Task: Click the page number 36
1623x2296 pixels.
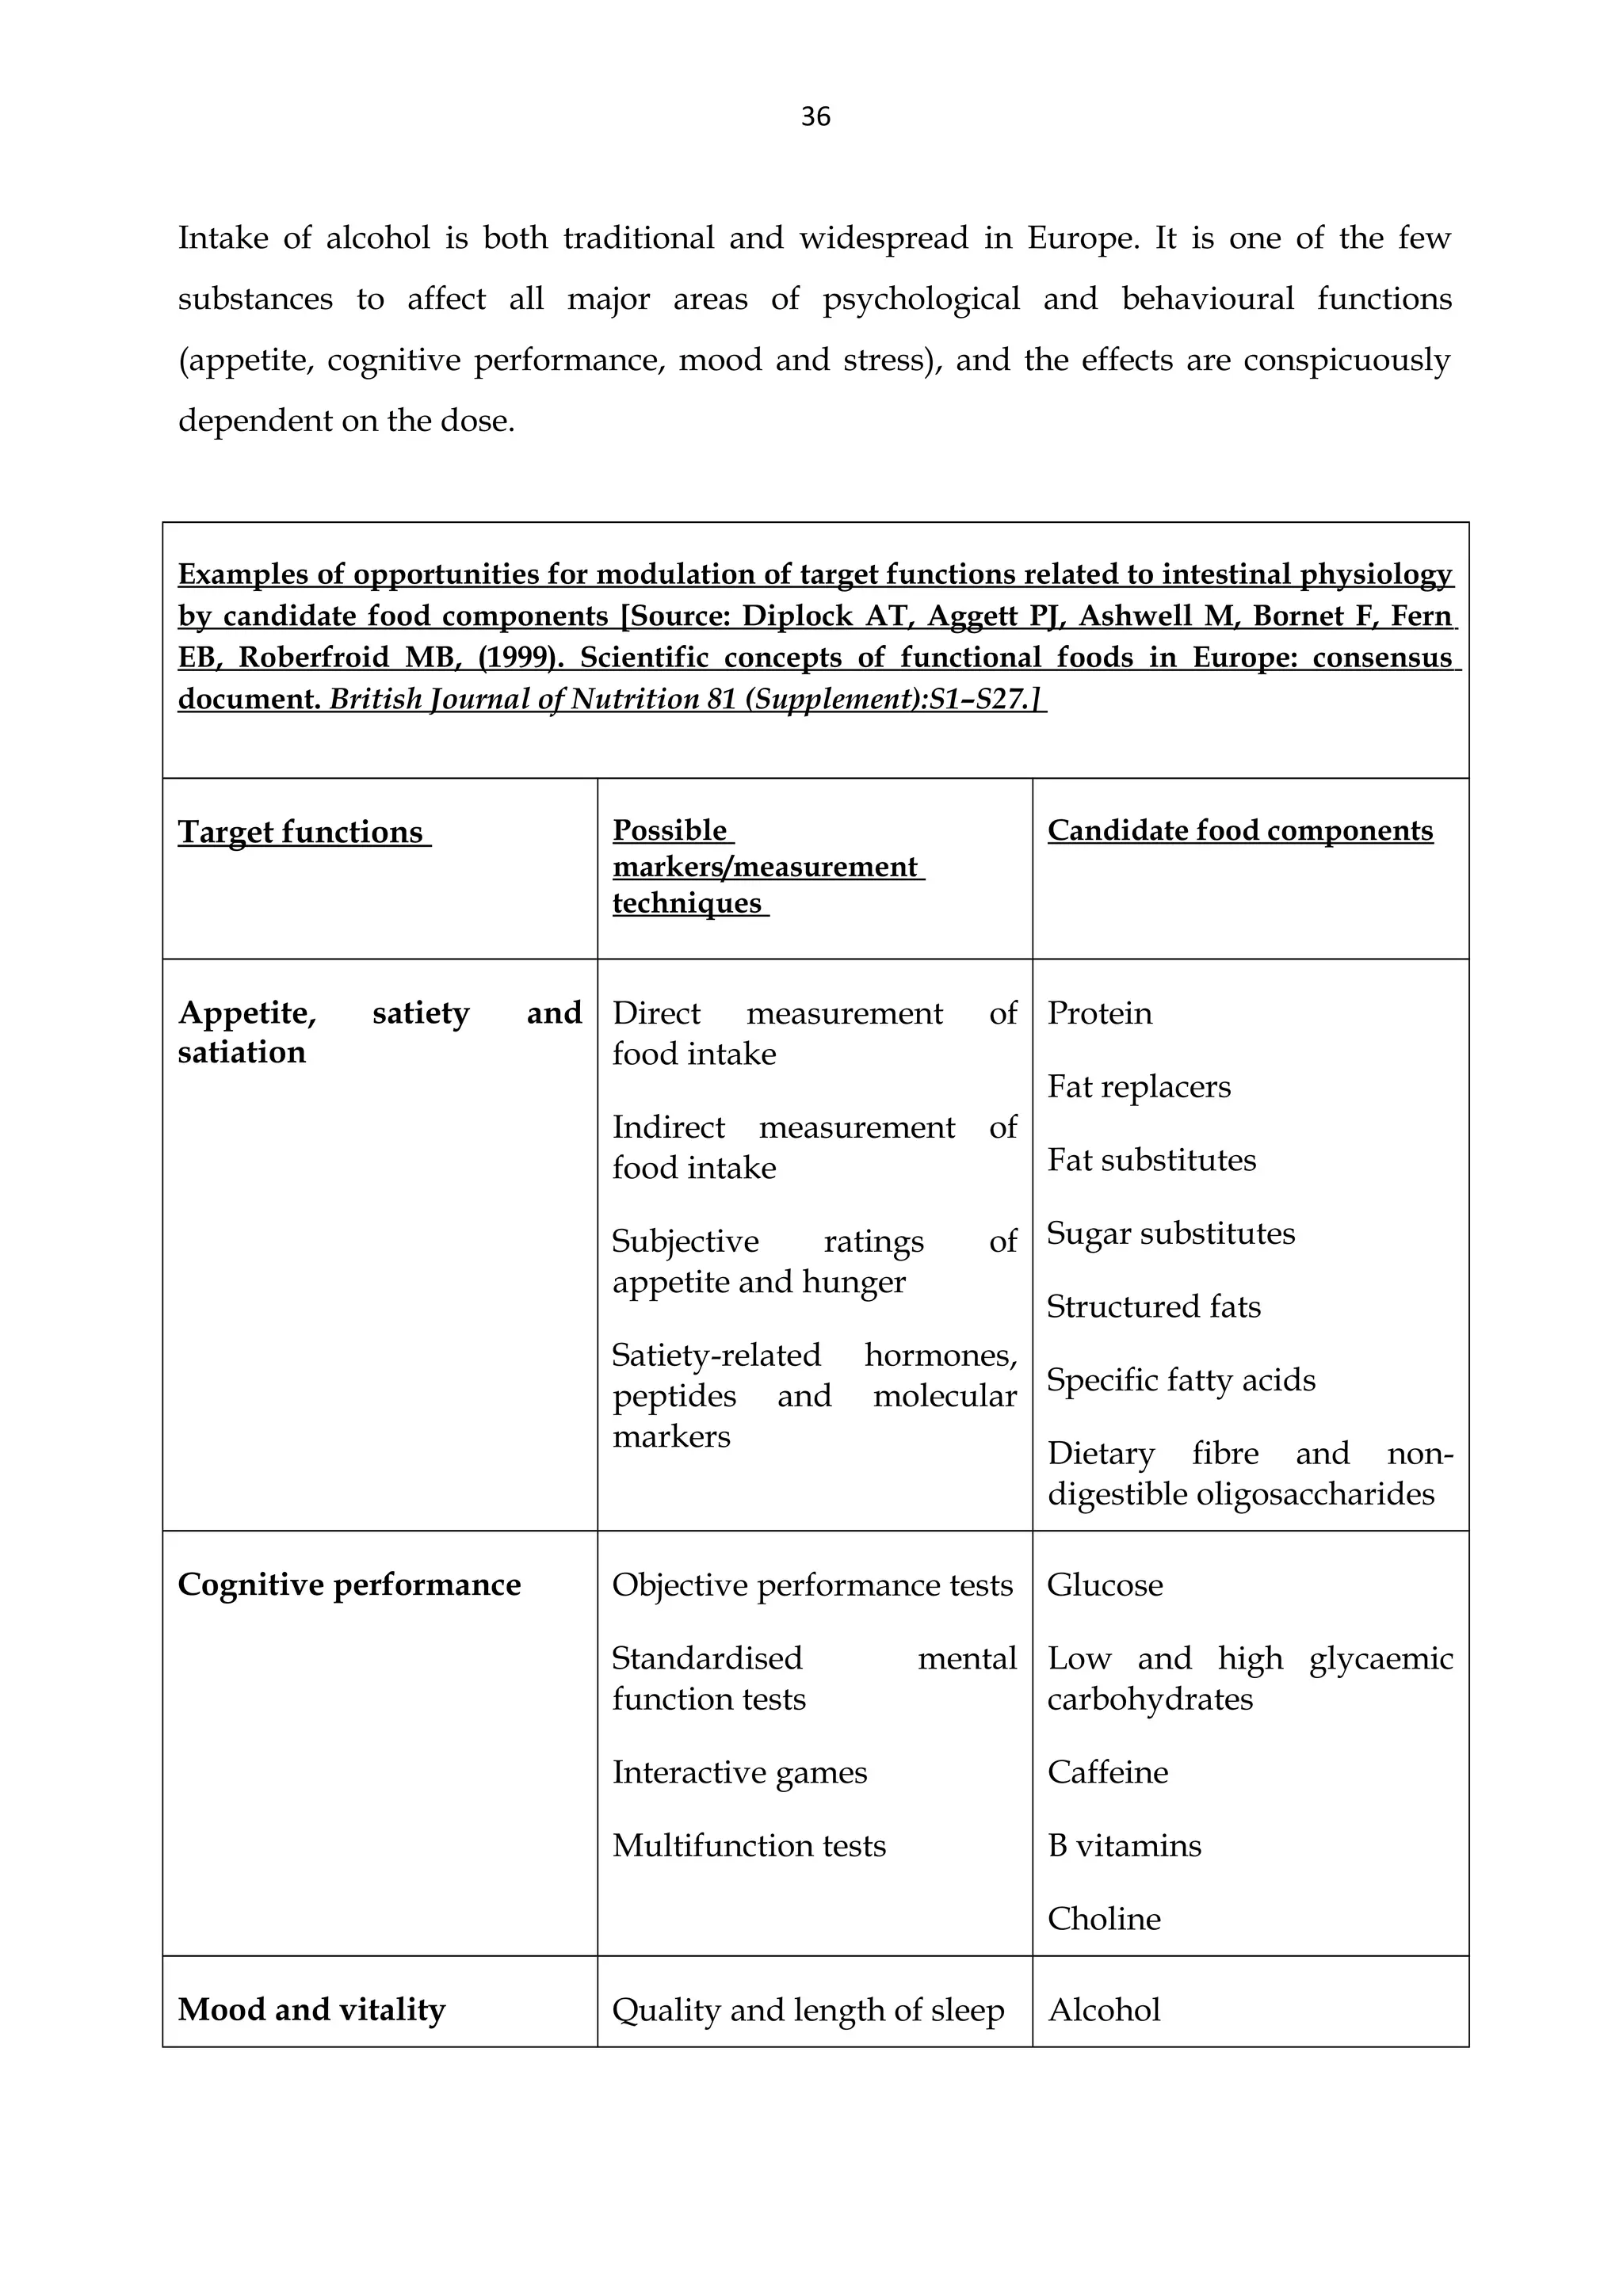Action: pos(815,117)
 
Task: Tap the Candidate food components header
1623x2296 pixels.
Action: pos(1240,830)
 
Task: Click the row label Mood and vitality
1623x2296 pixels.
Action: pos(311,2010)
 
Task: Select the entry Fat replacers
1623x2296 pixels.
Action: pos(1139,1087)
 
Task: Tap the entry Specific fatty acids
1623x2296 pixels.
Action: pos(1181,1380)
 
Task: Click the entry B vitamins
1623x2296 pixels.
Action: pos(1124,1845)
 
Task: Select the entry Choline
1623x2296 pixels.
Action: pos(1104,1919)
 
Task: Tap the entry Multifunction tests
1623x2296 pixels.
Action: pos(749,1845)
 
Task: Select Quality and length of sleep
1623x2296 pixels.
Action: pos(808,2010)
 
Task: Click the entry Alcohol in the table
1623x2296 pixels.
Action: pos(1104,2010)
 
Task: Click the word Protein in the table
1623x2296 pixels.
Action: pos(1100,1013)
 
